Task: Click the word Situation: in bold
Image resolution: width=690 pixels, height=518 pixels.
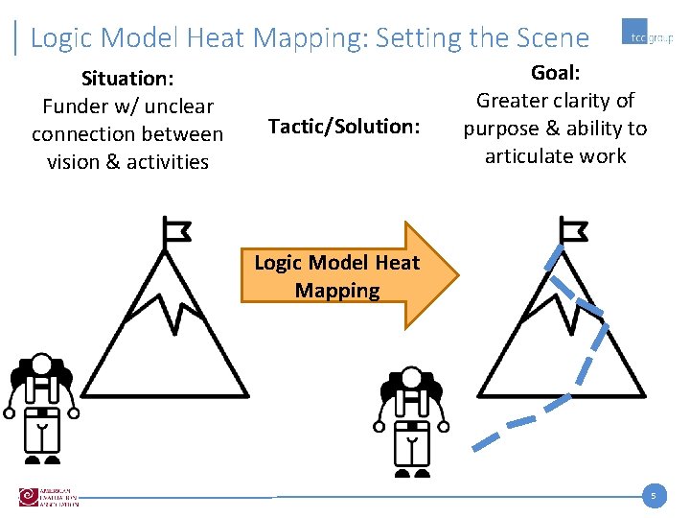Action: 126,78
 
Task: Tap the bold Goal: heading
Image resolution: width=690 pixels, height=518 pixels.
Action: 555,73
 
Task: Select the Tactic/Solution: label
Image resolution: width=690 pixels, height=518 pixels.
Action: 344,126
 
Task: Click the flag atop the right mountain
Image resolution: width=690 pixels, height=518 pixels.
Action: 573,230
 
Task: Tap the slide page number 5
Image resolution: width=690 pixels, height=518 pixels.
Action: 653,496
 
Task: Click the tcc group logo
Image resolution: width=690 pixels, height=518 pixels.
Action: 647,37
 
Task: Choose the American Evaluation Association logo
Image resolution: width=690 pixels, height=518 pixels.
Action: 48,497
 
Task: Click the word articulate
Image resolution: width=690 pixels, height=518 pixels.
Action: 527,156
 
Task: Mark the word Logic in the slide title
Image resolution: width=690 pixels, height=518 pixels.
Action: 62,38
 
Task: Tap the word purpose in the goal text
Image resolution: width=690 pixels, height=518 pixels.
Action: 502,129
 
